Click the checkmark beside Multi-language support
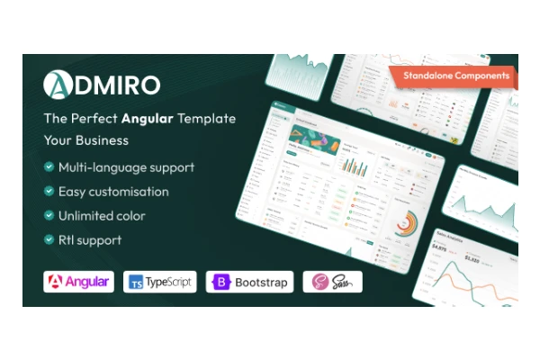pyautogui.click(x=49, y=167)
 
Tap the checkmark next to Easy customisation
pyautogui.click(x=49, y=192)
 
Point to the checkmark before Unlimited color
pyautogui.click(x=49, y=216)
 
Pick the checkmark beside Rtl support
pyautogui.click(x=49, y=240)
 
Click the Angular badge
pyautogui.click(x=79, y=282)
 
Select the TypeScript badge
pyautogui.click(x=160, y=282)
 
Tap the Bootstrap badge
pyautogui.click(x=249, y=282)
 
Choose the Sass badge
pyautogui.click(x=331, y=282)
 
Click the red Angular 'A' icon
pyautogui.click(x=57, y=282)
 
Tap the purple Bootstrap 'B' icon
pyautogui.click(x=221, y=282)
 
